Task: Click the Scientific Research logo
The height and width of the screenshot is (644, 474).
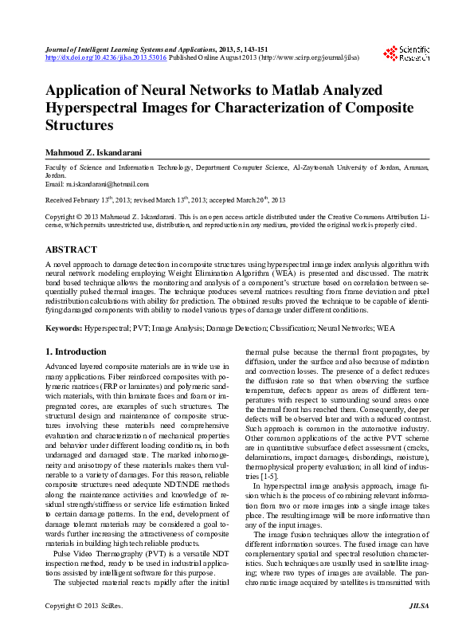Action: click(x=407, y=53)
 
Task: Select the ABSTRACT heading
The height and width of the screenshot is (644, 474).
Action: click(x=71, y=249)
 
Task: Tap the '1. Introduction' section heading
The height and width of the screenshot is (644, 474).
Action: click(x=76, y=351)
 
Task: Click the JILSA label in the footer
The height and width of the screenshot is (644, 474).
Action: click(x=419, y=630)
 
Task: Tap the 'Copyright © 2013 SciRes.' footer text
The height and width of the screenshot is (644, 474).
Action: click(x=80, y=630)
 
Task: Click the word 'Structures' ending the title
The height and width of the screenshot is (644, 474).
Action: click(x=79, y=126)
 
